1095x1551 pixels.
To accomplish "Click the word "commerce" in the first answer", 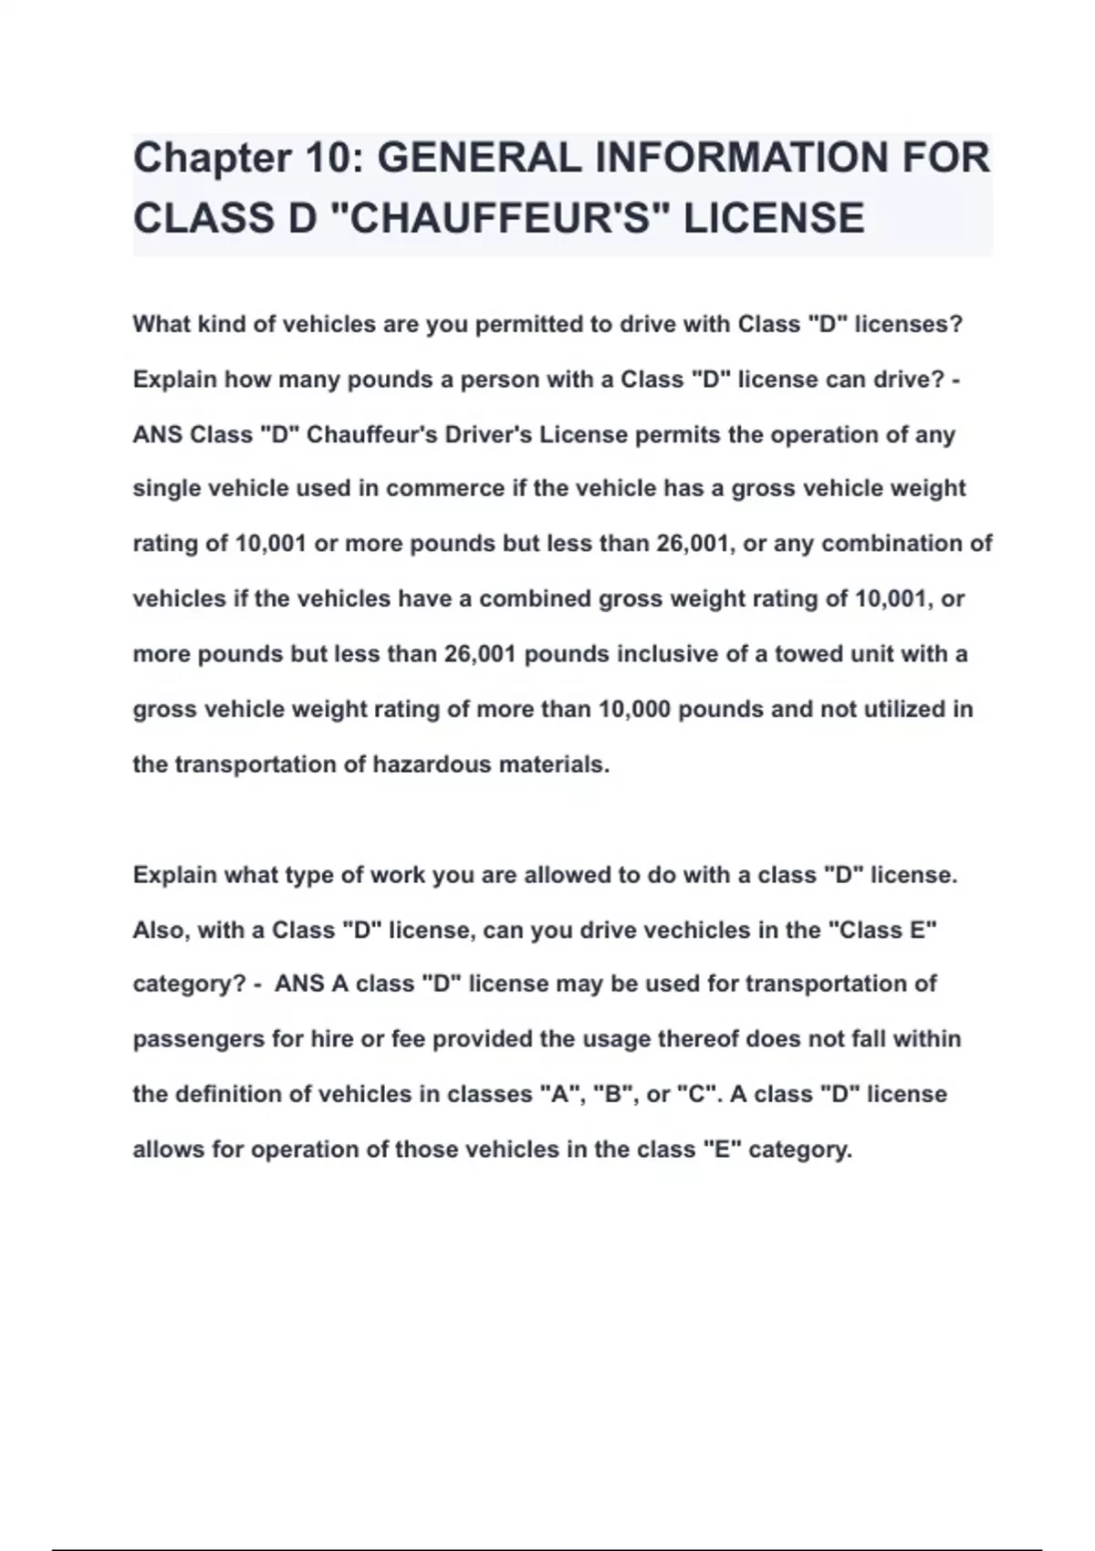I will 445,489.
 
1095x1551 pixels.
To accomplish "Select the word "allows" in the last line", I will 169,1150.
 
